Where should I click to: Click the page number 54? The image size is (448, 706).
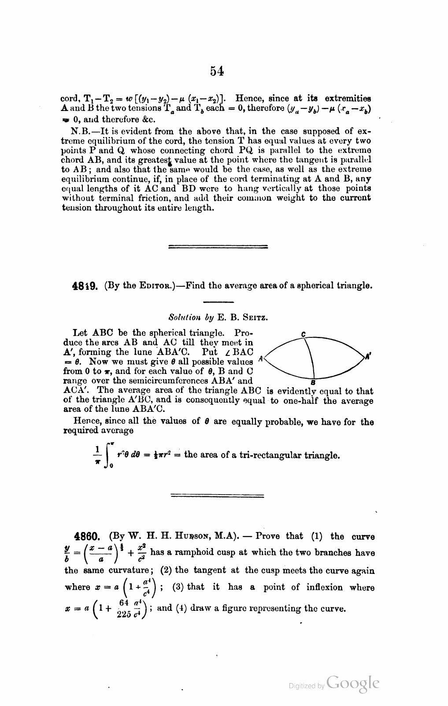[217, 71]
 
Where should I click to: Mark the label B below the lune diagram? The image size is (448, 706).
[312, 382]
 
